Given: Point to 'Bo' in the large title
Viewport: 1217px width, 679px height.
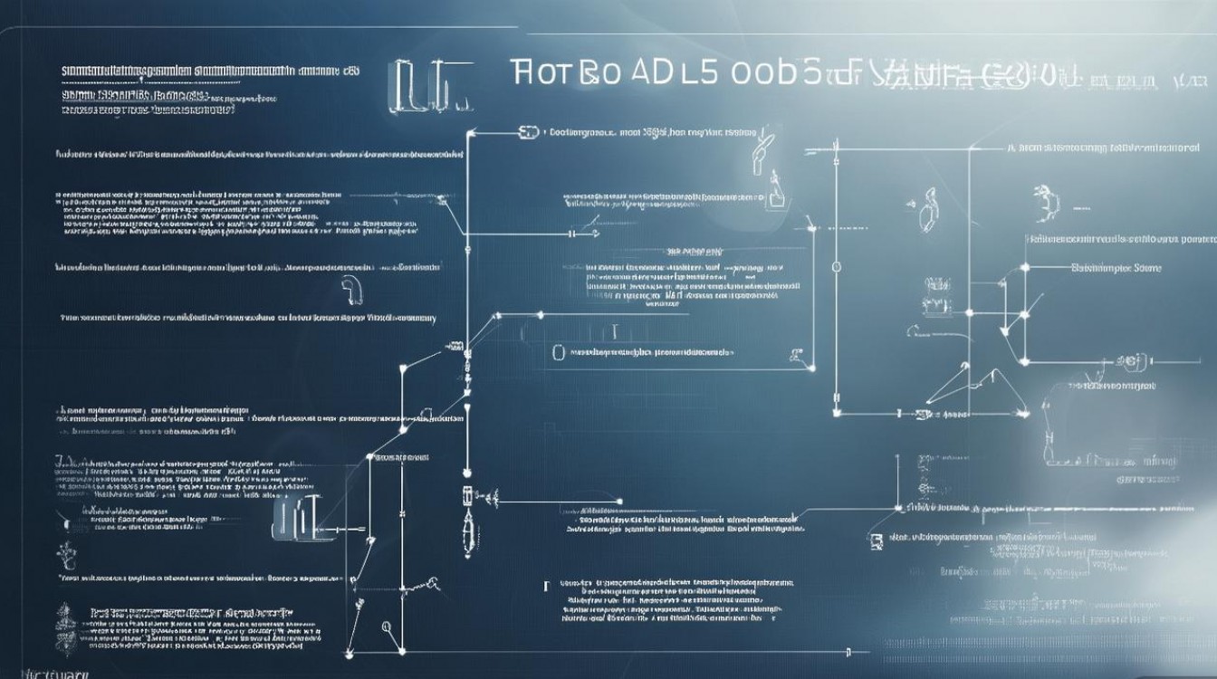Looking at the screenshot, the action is click(599, 74).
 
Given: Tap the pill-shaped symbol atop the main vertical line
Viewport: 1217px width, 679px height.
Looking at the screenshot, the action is click(528, 132).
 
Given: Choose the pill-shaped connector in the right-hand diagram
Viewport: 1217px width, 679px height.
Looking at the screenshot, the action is click(1131, 361).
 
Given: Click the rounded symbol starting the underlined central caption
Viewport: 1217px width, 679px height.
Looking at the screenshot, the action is click(559, 351).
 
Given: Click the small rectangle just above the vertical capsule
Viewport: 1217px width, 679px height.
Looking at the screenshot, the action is click(467, 495).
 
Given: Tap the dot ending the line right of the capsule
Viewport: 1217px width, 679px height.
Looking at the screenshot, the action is click(619, 501).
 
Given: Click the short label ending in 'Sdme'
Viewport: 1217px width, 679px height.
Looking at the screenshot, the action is click(1116, 268).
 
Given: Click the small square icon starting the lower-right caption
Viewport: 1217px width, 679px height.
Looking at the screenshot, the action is click(875, 540).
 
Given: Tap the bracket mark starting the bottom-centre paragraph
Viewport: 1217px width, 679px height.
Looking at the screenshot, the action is click(546, 587).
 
